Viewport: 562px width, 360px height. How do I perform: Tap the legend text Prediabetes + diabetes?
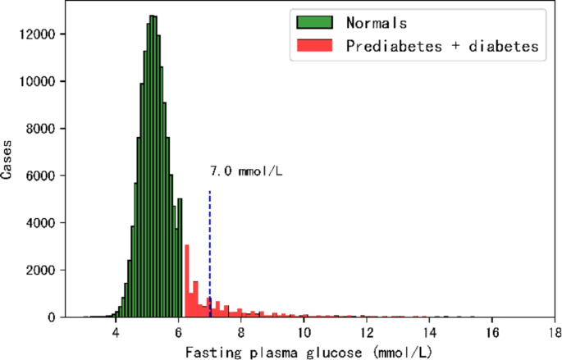(x=441, y=47)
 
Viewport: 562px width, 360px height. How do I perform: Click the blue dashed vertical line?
(x=210, y=246)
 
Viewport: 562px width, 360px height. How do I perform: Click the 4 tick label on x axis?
(x=116, y=333)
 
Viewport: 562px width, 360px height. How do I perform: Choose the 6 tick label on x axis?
(x=179, y=333)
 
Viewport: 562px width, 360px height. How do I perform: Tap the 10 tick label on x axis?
(x=304, y=333)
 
